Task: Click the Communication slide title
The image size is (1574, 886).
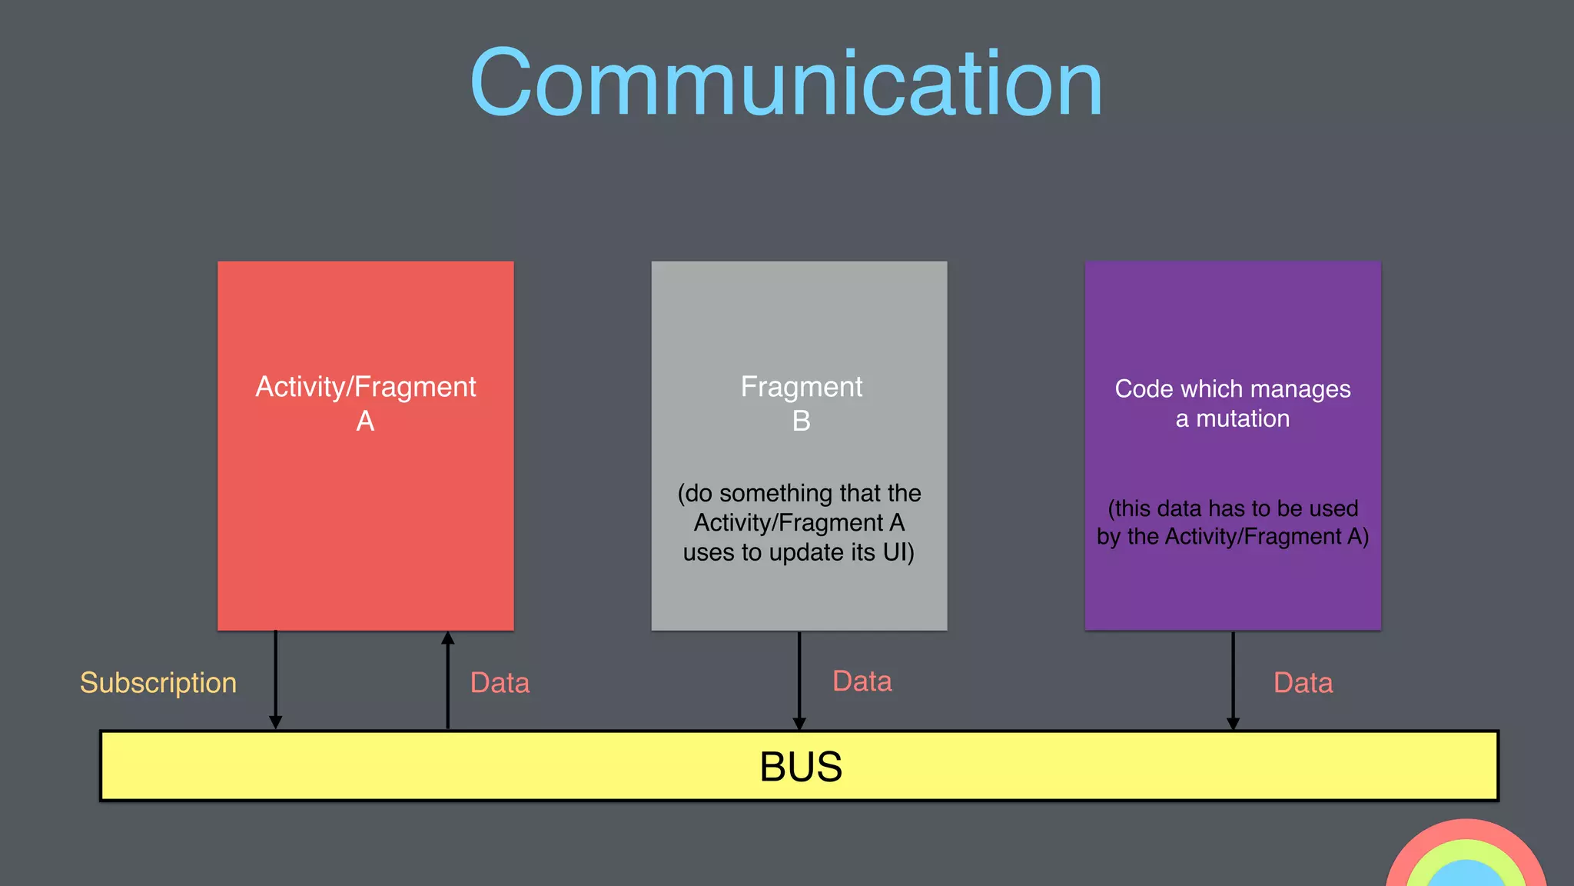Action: coord(785,83)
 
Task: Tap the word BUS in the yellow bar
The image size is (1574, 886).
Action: coord(800,767)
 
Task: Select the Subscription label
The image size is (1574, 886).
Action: coord(158,683)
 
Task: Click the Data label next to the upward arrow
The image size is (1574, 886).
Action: coord(500,683)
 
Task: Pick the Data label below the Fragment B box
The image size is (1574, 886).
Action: coord(862,681)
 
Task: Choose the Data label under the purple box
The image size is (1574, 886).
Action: coord(1303,683)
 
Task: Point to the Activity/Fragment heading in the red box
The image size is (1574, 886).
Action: coord(366,387)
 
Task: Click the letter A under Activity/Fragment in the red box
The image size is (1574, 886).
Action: coord(365,421)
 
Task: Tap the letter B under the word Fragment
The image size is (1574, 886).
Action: coord(801,421)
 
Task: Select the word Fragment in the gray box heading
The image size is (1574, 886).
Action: coord(801,387)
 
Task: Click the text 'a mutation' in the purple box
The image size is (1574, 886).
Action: coord(1233,419)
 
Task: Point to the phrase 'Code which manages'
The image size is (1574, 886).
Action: coord(1233,389)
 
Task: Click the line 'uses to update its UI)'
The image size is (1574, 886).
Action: coord(799,553)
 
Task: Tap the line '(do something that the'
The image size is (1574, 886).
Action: coord(799,493)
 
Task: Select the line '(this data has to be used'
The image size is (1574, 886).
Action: coord(1233,508)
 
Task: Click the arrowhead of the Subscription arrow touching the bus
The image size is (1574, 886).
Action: coord(275,722)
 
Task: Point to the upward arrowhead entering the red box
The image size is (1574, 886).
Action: coord(448,638)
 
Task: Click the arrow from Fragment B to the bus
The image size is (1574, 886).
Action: coord(799,677)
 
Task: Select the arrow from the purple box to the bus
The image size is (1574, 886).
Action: coord(1233,677)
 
